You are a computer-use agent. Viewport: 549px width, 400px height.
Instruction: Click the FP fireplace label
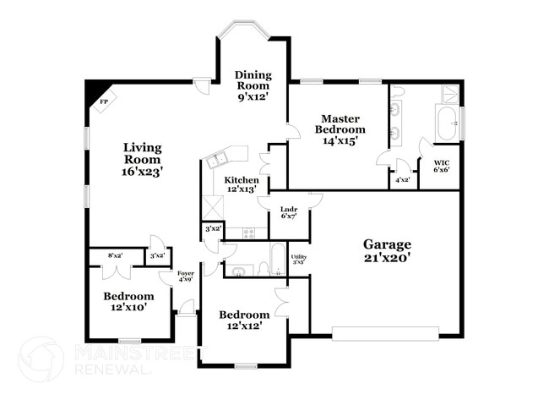(104, 102)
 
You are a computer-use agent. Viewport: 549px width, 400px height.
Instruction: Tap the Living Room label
(143, 153)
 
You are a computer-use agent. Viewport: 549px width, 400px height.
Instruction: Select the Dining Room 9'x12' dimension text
(253, 96)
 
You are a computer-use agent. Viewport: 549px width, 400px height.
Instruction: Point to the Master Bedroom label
(340, 123)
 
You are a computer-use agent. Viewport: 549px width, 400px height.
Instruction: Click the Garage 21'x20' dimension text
(387, 258)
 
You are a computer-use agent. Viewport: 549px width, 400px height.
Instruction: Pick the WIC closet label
(442, 162)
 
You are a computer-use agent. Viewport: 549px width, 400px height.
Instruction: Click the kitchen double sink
(217, 161)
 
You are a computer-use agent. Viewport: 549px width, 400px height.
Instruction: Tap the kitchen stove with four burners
(249, 233)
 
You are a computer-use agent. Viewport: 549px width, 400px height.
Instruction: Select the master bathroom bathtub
(446, 123)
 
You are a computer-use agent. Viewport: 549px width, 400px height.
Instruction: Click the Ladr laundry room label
(289, 210)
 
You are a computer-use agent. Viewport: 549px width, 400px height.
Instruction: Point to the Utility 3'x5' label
(299, 259)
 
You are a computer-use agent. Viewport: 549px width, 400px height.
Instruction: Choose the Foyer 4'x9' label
(186, 277)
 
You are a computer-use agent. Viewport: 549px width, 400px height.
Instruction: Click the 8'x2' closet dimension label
(115, 255)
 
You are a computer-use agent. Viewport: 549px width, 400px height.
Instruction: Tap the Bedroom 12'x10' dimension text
(128, 308)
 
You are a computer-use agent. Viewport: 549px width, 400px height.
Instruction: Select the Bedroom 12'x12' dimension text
(244, 326)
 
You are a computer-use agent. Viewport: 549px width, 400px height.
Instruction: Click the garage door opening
(385, 334)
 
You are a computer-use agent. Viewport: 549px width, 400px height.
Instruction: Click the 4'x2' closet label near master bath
(403, 180)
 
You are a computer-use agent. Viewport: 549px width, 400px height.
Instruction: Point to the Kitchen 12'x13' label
(242, 184)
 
